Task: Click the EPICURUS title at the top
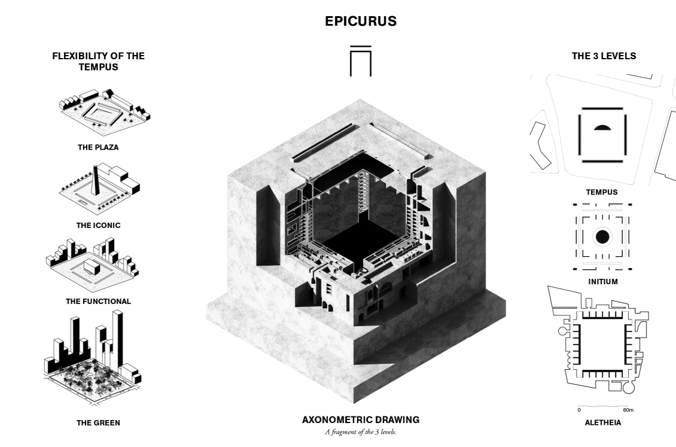tap(361, 21)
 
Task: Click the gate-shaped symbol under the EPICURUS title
tap(360, 61)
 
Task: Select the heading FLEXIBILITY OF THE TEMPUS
tap(98, 61)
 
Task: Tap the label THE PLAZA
tap(98, 147)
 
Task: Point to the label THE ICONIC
tap(98, 225)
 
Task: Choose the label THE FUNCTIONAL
tap(98, 302)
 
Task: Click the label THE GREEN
tap(98, 423)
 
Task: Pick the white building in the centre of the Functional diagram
tap(92, 266)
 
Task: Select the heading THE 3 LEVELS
tap(604, 56)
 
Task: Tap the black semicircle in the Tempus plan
tap(602, 127)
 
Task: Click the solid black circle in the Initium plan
tap(602, 236)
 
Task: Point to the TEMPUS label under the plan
tap(602, 192)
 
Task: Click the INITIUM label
tap(602, 281)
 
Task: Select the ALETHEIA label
tap(602, 423)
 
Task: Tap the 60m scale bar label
tap(628, 410)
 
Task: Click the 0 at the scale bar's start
tap(579, 410)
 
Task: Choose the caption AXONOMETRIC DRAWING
tap(361, 420)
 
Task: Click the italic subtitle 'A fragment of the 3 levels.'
tap(360, 432)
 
